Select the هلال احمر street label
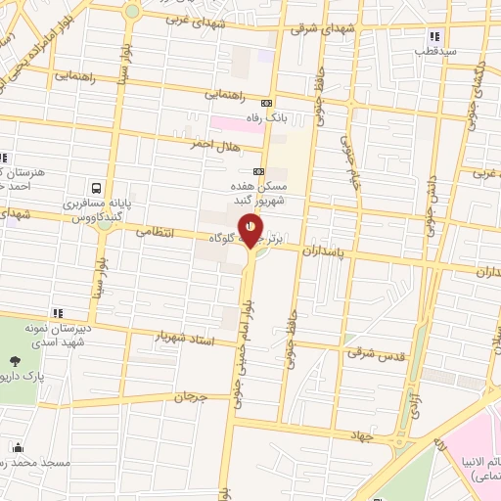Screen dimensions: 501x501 215,143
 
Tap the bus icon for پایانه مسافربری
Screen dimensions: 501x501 96,186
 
